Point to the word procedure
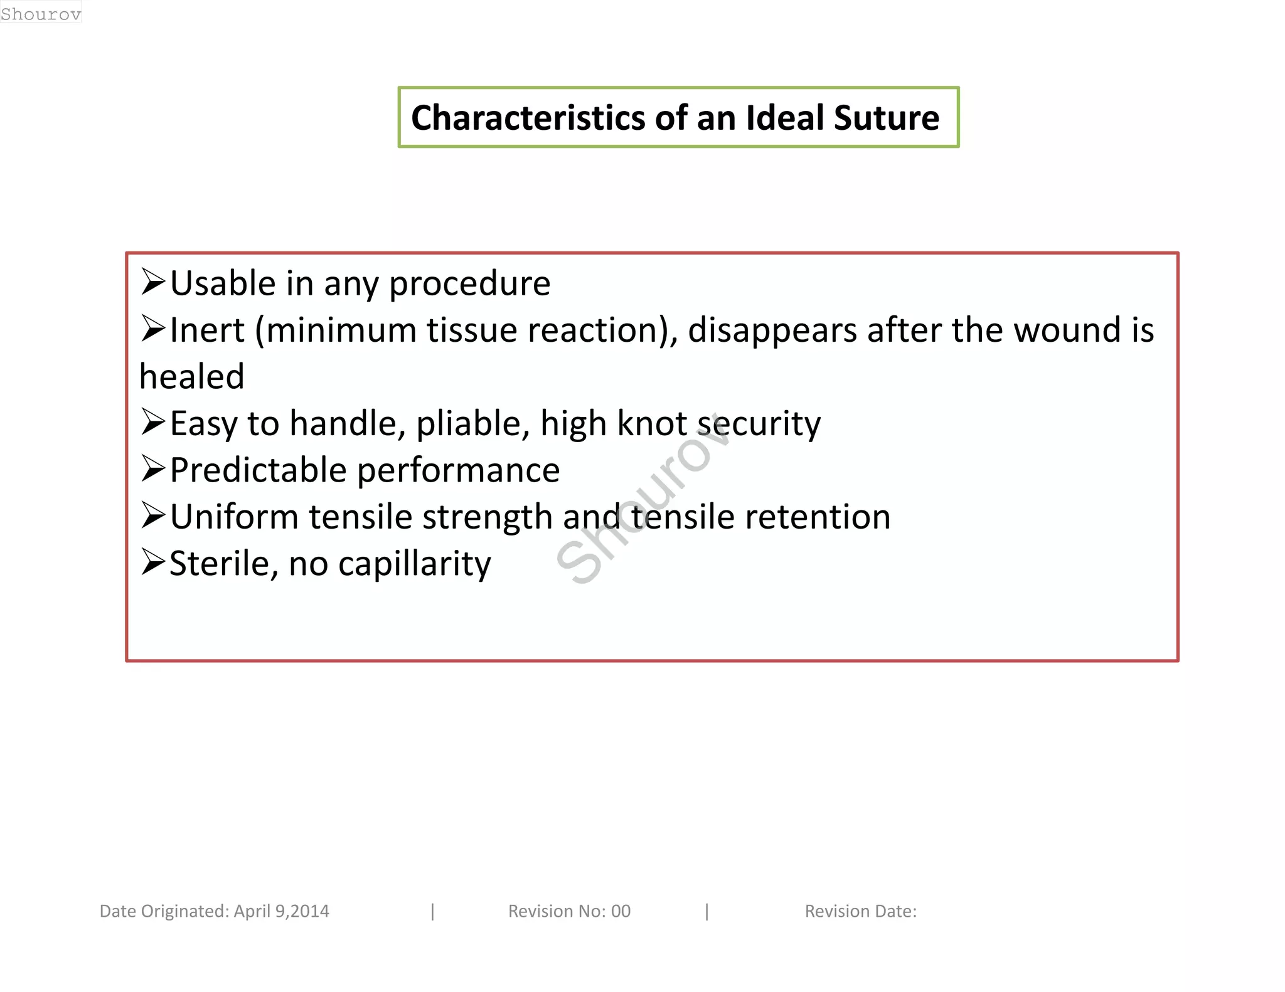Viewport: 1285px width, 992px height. point(469,284)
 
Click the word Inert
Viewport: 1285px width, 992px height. point(207,330)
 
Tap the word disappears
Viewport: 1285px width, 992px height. point(772,331)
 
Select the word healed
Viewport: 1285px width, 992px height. point(191,376)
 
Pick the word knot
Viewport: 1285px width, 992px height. point(652,423)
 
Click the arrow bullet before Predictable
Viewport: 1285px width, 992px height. point(153,468)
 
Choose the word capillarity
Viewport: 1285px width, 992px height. point(414,564)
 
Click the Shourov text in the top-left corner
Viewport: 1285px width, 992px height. point(41,14)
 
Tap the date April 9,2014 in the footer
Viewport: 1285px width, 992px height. point(281,911)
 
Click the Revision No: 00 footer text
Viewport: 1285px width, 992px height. point(569,911)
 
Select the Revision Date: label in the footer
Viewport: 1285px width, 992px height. point(860,911)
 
